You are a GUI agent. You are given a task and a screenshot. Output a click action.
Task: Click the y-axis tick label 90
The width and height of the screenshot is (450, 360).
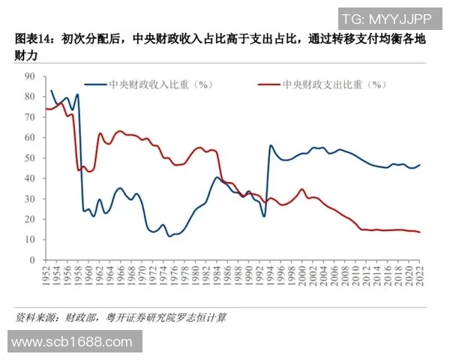tap(30, 76)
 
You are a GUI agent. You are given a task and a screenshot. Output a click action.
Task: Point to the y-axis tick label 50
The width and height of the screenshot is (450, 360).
tap(30, 158)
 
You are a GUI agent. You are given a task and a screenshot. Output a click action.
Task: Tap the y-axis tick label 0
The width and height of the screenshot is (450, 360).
tap(33, 260)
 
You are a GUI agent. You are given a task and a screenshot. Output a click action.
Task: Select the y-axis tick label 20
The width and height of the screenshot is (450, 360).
tap(30, 220)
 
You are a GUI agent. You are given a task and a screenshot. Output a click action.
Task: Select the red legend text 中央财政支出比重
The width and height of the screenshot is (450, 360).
tap(330, 85)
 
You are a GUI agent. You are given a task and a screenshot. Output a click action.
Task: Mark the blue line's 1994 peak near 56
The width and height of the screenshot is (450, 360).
tap(271, 145)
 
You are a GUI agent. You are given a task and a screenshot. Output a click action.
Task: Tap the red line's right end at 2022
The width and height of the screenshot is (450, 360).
tap(419, 232)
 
